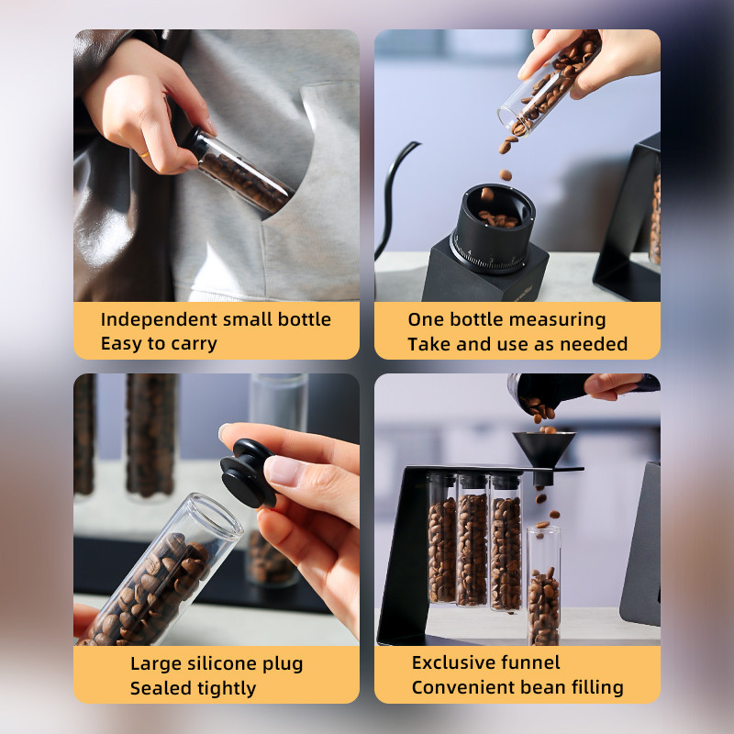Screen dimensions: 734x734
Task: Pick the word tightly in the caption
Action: [226, 689]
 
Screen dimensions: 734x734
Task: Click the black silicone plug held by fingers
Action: [247, 473]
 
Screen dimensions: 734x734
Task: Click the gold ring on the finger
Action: [144, 154]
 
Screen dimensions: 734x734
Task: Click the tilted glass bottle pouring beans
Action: [549, 84]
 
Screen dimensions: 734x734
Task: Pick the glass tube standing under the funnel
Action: [543, 585]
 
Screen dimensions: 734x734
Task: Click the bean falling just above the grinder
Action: [506, 175]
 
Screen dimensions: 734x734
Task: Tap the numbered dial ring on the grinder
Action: [489, 256]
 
